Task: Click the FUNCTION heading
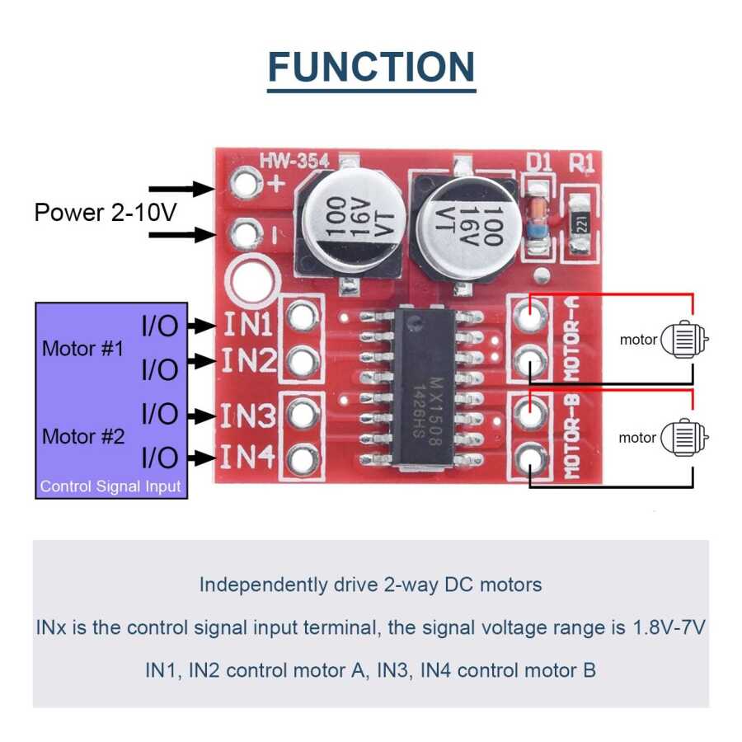coord(371,67)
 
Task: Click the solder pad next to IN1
coord(303,316)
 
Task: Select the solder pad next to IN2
coord(303,359)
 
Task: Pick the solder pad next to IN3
coord(303,412)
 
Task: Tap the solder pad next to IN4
coord(303,457)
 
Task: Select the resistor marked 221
coord(580,221)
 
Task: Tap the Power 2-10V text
coord(106,212)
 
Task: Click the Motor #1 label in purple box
coord(82,349)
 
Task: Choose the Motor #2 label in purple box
coord(82,436)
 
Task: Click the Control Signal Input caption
coord(110,486)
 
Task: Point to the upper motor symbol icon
coord(683,339)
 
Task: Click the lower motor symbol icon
coord(683,437)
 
